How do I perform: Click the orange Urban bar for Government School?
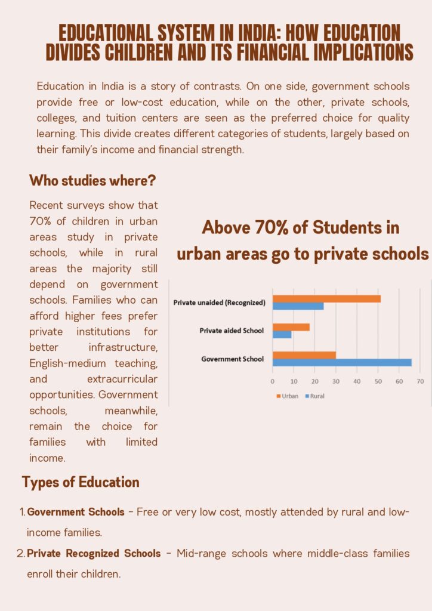click(x=304, y=355)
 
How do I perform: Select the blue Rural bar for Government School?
click(x=342, y=362)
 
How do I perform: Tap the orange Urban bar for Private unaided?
click(x=326, y=298)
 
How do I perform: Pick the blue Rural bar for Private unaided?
click(x=298, y=306)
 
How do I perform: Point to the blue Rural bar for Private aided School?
click(x=282, y=334)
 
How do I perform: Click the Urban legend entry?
click(x=287, y=396)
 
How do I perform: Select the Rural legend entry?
click(x=314, y=396)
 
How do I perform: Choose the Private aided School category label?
click(x=232, y=331)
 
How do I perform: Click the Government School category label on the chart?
click(x=233, y=359)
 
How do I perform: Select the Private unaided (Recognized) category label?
click(x=219, y=303)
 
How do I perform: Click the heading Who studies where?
click(x=92, y=180)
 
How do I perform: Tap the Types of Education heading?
click(x=81, y=482)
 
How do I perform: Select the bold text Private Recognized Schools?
click(x=94, y=554)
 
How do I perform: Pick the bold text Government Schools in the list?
click(x=76, y=512)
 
